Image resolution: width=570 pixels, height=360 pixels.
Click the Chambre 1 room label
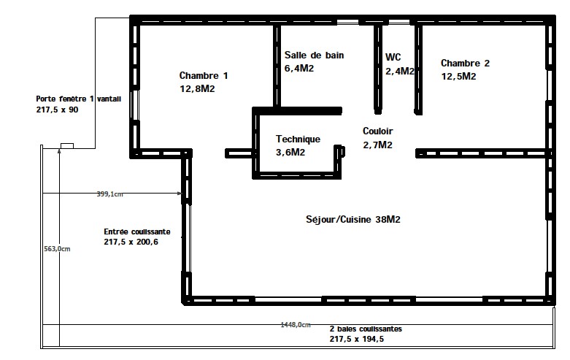(x=204, y=76)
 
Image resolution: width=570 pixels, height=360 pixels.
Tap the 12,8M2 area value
(x=197, y=89)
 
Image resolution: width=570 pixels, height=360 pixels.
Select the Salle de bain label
(x=314, y=55)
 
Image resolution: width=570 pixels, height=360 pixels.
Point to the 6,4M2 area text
(x=299, y=69)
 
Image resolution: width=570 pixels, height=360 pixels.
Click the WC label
(x=393, y=57)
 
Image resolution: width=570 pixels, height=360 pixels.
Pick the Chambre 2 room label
(x=466, y=64)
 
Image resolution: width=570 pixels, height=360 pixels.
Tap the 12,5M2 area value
(x=459, y=77)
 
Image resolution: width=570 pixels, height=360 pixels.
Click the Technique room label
(x=298, y=139)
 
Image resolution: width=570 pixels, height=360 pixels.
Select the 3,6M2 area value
(x=290, y=153)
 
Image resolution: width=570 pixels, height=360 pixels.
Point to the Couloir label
(x=378, y=131)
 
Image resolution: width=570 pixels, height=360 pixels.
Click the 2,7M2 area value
(x=378, y=145)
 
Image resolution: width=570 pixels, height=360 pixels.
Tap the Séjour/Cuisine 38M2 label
(x=353, y=220)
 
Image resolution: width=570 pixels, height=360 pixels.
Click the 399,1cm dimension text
(x=109, y=194)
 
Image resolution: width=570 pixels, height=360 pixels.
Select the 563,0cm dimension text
(x=57, y=249)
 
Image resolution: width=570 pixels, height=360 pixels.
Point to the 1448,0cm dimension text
(x=296, y=325)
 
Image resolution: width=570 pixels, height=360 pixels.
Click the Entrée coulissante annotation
(x=137, y=231)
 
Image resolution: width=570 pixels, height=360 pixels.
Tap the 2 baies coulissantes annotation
(x=366, y=329)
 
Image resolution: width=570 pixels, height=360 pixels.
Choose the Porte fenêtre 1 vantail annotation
(x=79, y=99)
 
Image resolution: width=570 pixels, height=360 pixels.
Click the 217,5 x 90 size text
(x=57, y=110)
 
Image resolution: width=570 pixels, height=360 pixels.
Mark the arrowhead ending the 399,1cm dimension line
(x=180, y=194)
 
